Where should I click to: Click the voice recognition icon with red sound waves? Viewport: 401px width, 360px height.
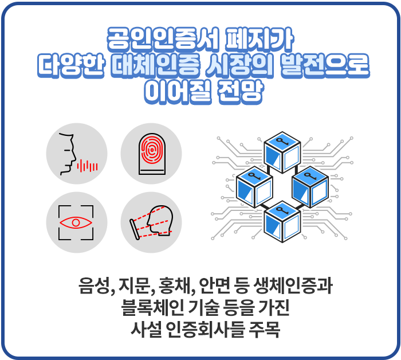77,154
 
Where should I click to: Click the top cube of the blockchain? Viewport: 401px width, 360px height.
282,152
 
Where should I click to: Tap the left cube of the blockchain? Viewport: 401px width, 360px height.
254,187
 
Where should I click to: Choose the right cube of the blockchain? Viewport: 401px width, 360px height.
310,187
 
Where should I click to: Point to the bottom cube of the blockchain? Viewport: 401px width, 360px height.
282,222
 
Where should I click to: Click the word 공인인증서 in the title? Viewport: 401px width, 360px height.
163,39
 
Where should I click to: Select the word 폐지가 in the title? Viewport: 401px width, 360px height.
260,39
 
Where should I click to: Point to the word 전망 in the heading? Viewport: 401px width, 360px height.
240,92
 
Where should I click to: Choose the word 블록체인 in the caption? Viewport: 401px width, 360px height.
153,307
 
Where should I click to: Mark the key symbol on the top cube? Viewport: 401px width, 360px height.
282,141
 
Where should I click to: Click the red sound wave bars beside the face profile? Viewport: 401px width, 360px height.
88,166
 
